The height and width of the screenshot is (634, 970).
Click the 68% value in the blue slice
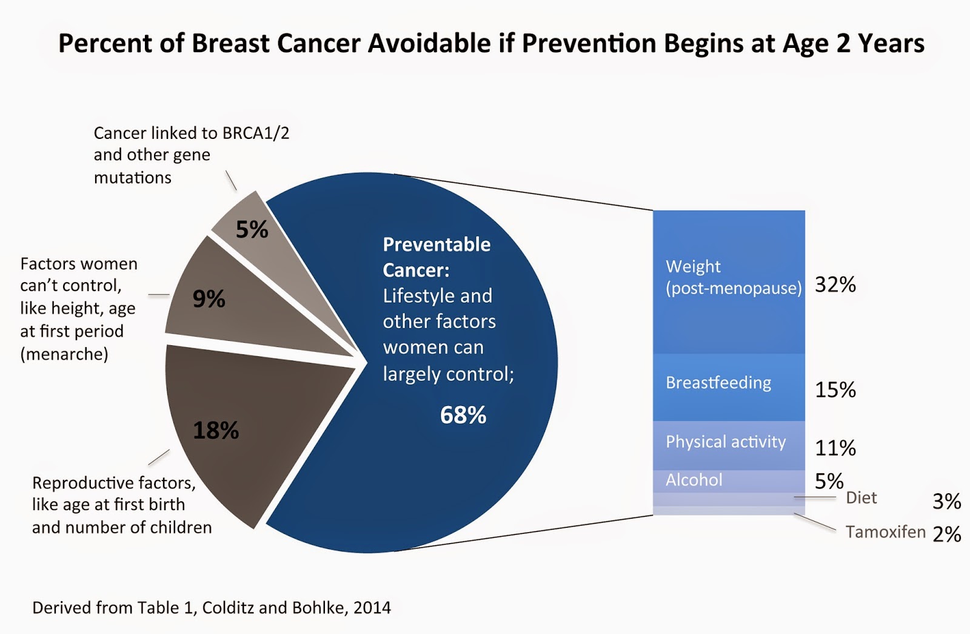(463, 416)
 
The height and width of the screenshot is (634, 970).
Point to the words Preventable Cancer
(436, 257)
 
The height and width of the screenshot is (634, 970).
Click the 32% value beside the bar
(835, 285)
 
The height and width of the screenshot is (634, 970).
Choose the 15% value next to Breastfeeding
(835, 390)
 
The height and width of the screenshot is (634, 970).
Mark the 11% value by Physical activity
(835, 448)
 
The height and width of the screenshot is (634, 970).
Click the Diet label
(861, 498)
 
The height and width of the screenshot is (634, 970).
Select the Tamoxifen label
(885, 532)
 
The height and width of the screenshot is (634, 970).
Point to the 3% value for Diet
(946, 501)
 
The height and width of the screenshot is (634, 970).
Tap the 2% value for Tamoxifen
(946, 534)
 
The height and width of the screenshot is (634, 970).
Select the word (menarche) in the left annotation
(64, 354)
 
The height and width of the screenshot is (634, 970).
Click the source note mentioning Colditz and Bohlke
(211, 607)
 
